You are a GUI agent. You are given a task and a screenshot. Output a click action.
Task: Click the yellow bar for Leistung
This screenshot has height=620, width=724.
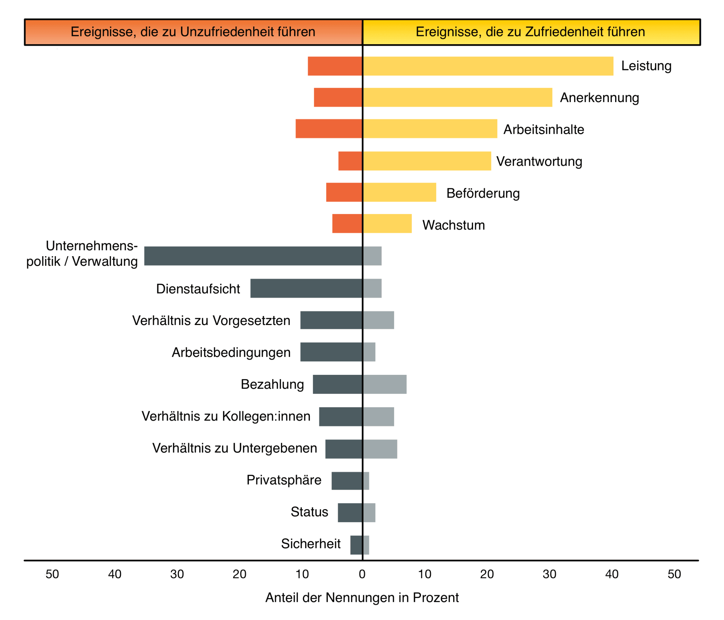pos(488,66)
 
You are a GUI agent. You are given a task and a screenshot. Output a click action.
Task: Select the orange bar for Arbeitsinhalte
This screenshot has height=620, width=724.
pos(329,129)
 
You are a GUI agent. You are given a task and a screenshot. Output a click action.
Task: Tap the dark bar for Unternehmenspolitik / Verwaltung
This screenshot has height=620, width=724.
pos(253,256)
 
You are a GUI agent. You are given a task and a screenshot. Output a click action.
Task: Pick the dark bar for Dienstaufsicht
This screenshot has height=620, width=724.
pos(306,288)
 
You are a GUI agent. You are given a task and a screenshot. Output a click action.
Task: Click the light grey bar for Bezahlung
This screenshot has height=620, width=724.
pos(385,384)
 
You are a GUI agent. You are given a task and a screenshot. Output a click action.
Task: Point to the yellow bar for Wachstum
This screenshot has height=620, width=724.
pos(387,223)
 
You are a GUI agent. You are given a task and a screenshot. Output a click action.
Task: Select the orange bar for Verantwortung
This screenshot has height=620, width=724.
pos(350,161)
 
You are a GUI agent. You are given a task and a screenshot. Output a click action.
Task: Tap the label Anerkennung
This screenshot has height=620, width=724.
pos(599,98)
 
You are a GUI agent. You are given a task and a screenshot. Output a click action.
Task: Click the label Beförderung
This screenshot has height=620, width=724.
pos(483,193)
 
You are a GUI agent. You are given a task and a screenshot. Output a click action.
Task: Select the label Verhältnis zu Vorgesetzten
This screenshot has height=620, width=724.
pos(211,320)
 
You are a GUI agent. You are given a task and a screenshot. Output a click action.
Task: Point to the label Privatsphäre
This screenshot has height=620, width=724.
pos(284,480)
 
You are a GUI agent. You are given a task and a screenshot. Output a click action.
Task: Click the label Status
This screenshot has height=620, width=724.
pos(309,512)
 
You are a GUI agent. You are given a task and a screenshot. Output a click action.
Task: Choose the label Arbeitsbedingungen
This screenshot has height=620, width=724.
pos(231,353)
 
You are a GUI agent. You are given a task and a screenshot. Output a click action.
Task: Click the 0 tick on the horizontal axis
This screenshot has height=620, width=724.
pos(362,574)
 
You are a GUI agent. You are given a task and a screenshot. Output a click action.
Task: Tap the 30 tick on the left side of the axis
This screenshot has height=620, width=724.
pos(177,574)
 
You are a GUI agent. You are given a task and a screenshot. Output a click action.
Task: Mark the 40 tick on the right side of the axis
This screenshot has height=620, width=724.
pos(612,574)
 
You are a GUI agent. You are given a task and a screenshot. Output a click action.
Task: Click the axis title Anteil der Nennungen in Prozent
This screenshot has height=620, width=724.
pos(362,598)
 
